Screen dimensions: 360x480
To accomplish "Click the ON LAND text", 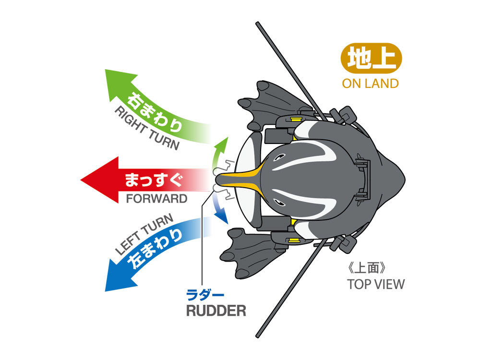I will pyautogui.click(x=370, y=84).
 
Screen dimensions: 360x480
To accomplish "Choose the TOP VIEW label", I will pyautogui.click(x=376, y=283).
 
